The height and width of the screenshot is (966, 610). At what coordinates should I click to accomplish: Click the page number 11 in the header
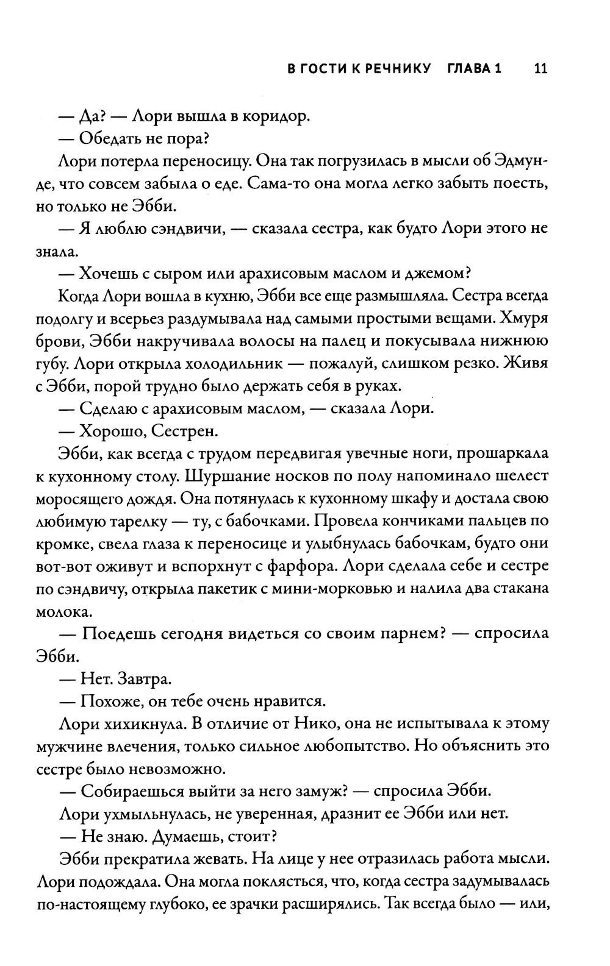(540, 68)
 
